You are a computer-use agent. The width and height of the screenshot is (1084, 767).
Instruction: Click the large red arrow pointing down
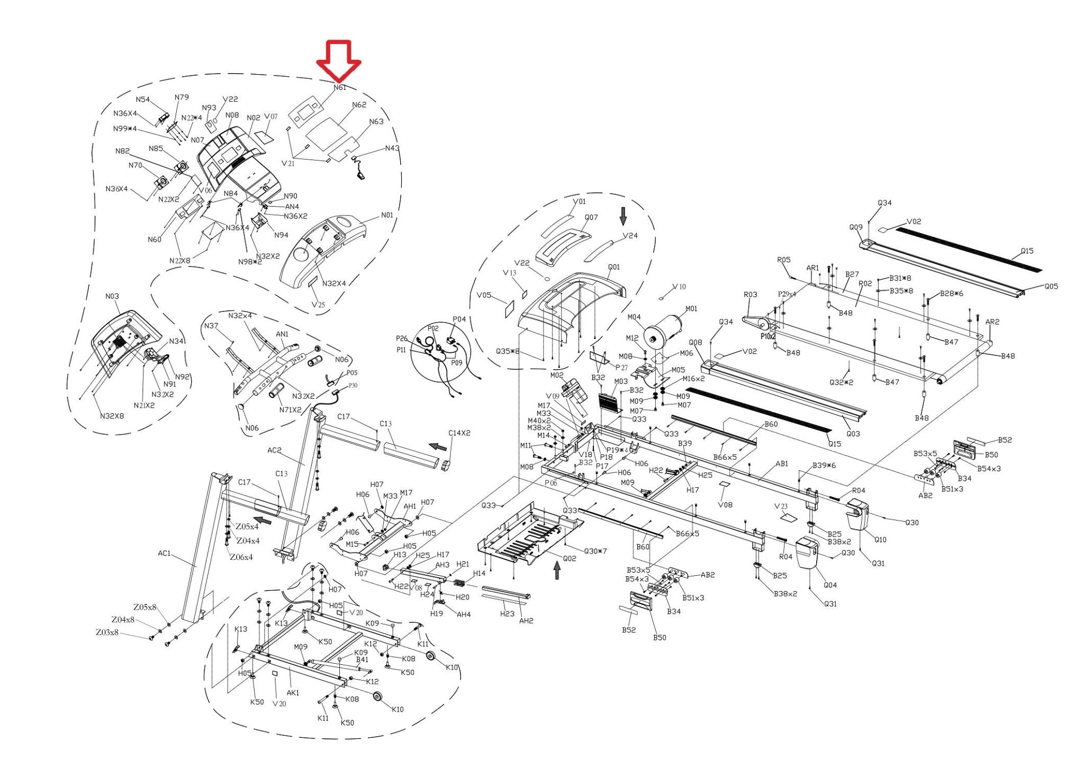click(339, 61)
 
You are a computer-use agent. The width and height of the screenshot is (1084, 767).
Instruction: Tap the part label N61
click(340, 87)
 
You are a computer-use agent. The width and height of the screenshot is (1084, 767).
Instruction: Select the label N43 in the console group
click(392, 148)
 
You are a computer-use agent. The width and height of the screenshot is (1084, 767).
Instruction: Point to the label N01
click(387, 215)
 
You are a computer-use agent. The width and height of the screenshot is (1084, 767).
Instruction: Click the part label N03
click(112, 296)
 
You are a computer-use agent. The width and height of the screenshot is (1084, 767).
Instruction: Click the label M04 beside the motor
click(634, 317)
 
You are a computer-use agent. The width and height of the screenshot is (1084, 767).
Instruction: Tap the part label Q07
click(591, 218)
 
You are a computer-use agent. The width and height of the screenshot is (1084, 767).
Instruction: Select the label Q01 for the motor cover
click(614, 267)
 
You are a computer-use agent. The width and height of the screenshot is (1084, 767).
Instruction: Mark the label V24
click(630, 236)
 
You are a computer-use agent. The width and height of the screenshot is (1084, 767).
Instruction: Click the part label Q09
click(856, 227)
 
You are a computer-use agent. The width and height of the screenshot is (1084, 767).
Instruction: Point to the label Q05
click(1051, 287)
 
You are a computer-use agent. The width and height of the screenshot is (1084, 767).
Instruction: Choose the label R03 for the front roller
click(750, 295)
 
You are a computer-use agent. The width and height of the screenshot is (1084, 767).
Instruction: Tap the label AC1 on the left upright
click(165, 554)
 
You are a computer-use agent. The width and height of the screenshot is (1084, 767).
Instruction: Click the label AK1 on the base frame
click(293, 692)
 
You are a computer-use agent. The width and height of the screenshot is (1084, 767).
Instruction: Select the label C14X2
click(459, 433)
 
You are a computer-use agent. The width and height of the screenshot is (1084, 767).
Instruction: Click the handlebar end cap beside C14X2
click(446, 466)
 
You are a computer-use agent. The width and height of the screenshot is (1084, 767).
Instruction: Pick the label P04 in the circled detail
click(459, 319)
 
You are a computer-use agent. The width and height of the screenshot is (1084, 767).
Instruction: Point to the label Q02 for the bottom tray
click(570, 558)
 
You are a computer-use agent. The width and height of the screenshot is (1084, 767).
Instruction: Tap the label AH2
click(526, 620)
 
